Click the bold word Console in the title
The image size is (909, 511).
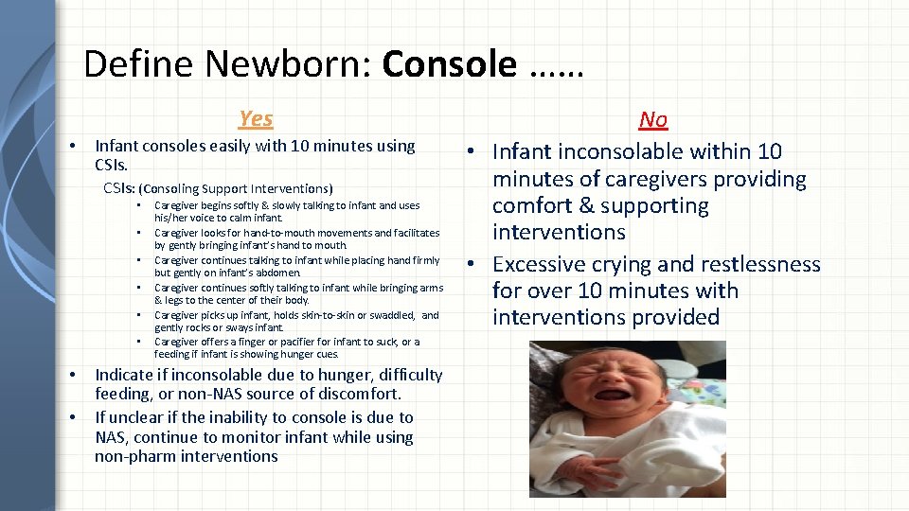coord(450,64)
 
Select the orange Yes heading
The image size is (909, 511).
coord(256,118)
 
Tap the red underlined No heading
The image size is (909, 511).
coord(653,119)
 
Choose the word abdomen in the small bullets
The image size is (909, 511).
coord(273,273)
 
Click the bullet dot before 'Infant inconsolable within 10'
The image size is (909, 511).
coord(472,152)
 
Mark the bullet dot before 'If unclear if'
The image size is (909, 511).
coord(75,417)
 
